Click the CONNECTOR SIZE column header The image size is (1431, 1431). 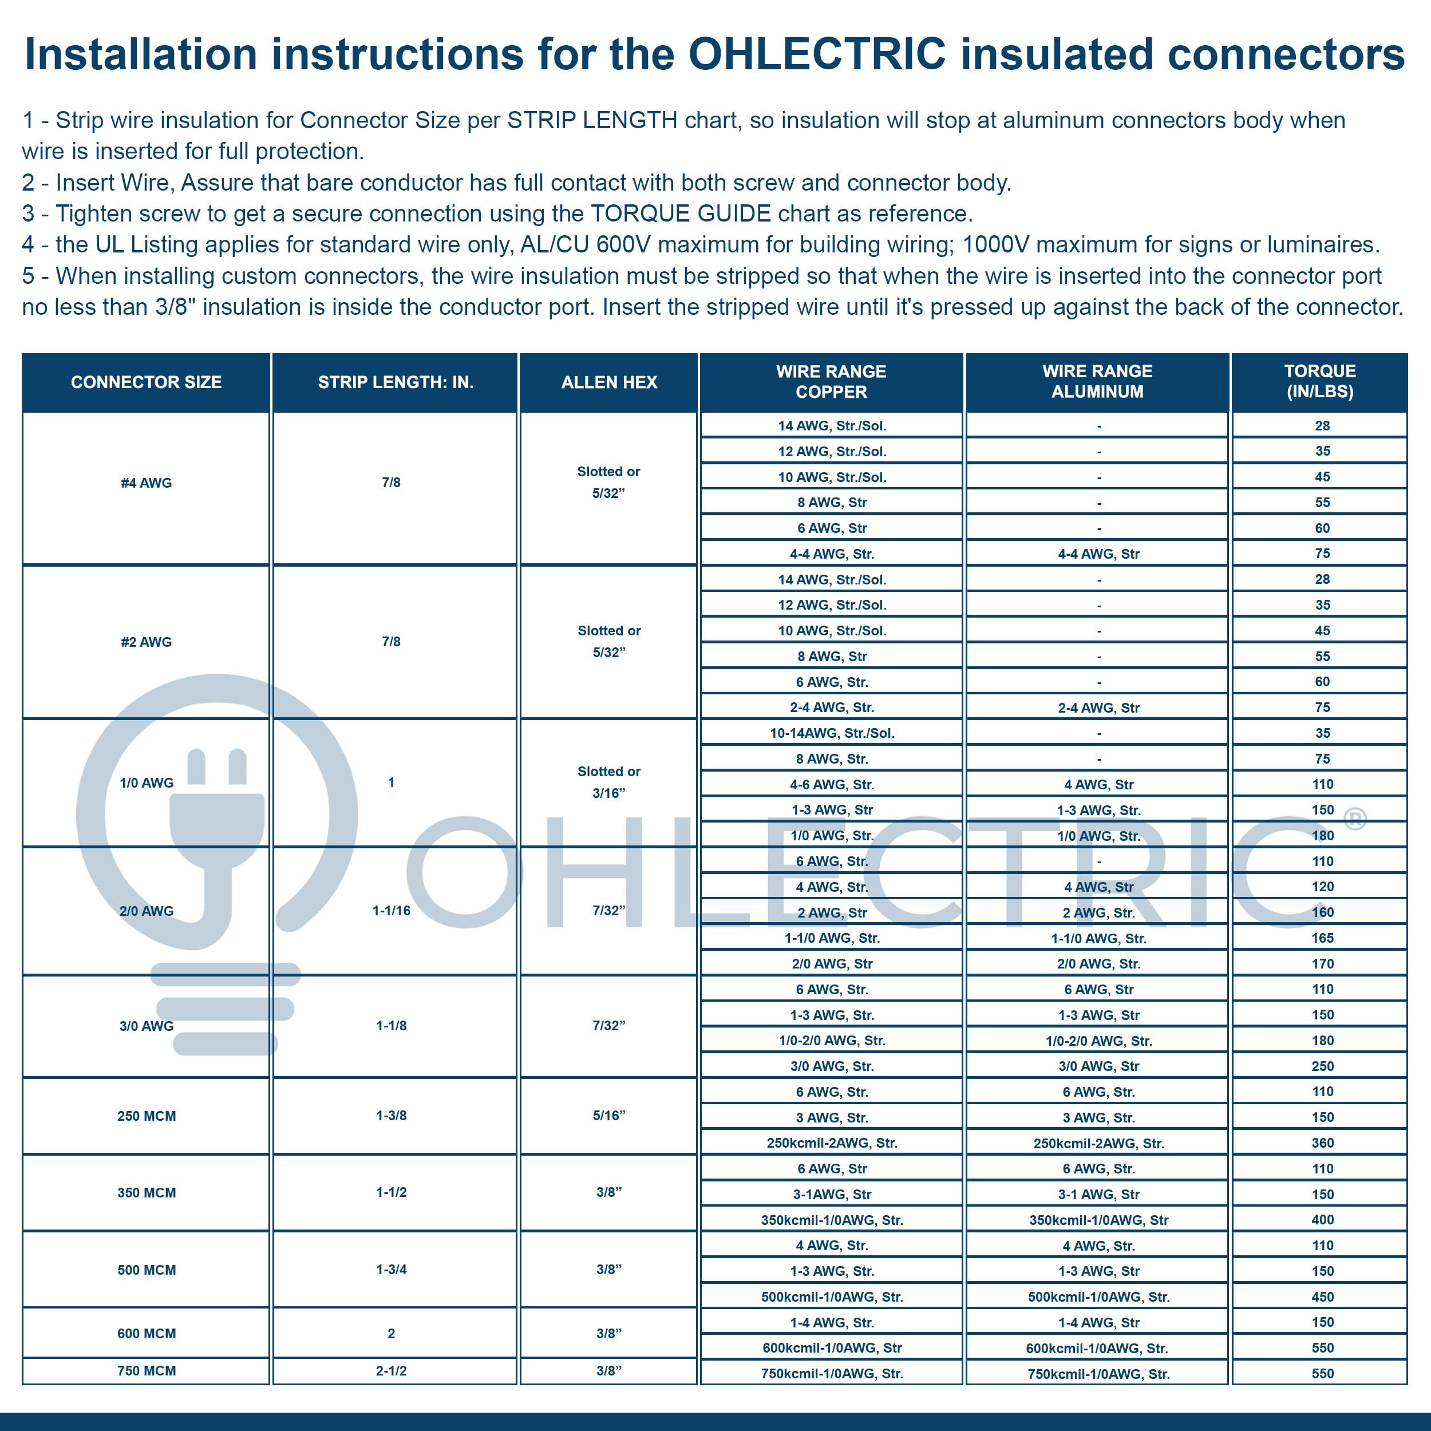click(146, 382)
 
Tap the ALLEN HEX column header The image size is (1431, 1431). click(609, 382)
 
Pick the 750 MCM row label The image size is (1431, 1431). click(146, 1370)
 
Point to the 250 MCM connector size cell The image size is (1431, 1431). click(146, 1116)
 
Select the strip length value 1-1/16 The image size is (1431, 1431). click(391, 910)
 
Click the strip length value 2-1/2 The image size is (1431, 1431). click(391, 1370)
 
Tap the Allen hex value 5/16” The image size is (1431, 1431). click(609, 1116)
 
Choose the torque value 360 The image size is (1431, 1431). click(1322, 1143)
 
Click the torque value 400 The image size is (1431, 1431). click(1322, 1220)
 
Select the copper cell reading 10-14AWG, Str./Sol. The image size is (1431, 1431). click(832, 733)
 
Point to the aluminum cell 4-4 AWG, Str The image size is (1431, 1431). click(1098, 554)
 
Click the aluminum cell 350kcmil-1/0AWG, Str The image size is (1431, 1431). click(1098, 1220)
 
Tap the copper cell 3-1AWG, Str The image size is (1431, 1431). click(832, 1194)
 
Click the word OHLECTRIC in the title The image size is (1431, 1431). click(817, 54)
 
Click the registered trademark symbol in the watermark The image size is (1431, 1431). click(1355, 818)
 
